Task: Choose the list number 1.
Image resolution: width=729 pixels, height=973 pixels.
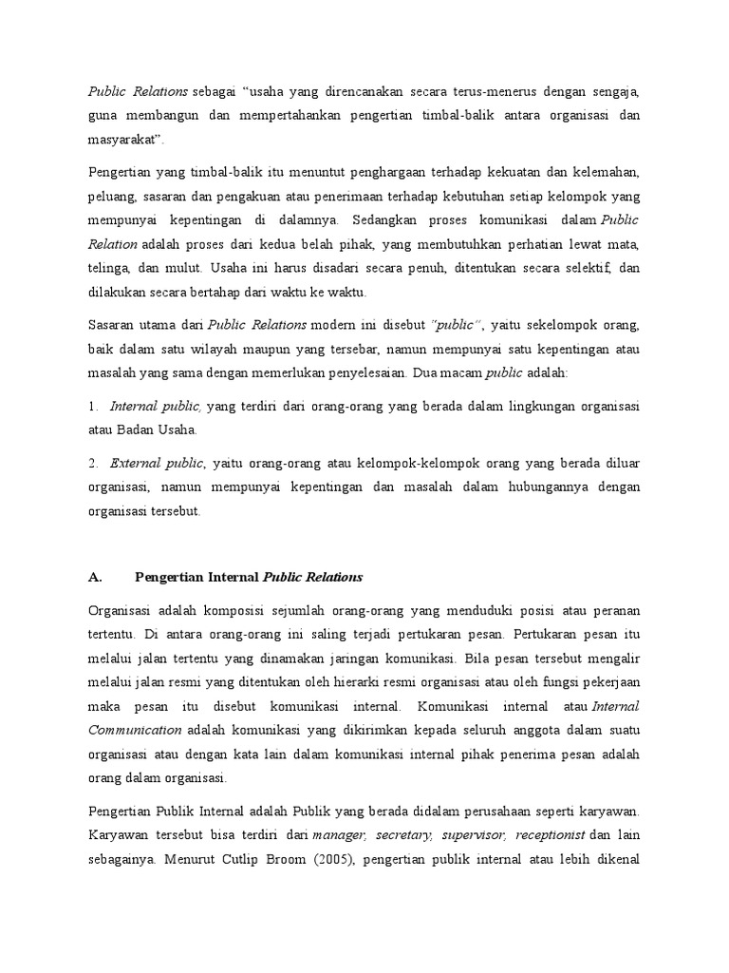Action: point(93,406)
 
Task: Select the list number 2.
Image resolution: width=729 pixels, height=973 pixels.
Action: point(93,463)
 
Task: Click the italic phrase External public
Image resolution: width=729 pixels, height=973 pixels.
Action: point(157,463)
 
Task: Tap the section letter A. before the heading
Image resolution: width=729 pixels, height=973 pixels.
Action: point(94,577)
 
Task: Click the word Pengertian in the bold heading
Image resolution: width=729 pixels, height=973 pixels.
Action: point(169,577)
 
